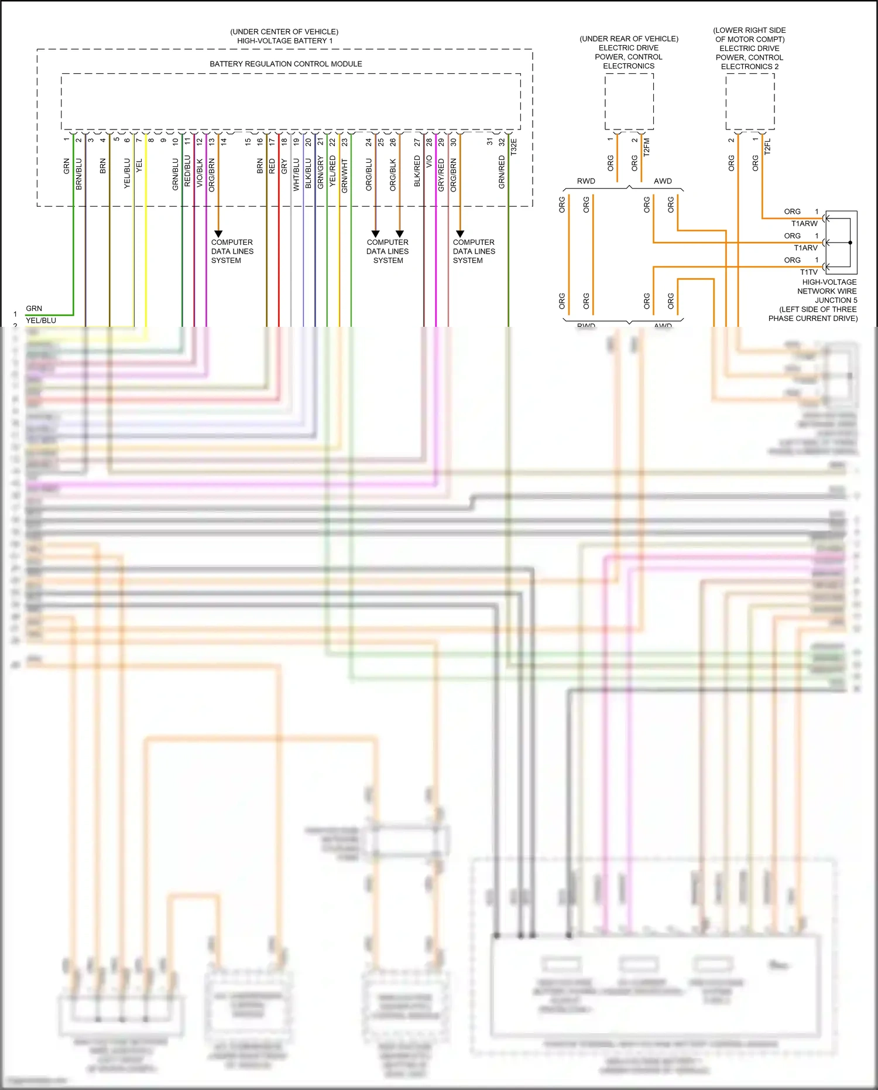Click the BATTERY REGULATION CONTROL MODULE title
click(286, 64)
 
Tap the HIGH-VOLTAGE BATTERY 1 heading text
click(284, 41)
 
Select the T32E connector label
click(514, 146)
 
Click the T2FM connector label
click(647, 146)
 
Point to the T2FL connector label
click(767, 146)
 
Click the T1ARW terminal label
click(804, 224)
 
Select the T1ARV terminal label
click(805, 248)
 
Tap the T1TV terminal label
click(808, 272)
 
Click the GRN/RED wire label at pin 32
click(502, 172)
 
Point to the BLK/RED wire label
click(417, 171)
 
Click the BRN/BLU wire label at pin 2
click(79, 174)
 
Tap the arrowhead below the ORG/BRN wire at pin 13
click(218, 234)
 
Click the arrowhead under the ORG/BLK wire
click(400, 234)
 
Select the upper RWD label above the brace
click(586, 181)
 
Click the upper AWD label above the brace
click(663, 181)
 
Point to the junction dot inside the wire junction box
click(850, 242)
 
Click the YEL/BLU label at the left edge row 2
click(41, 320)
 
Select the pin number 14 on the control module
click(224, 141)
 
